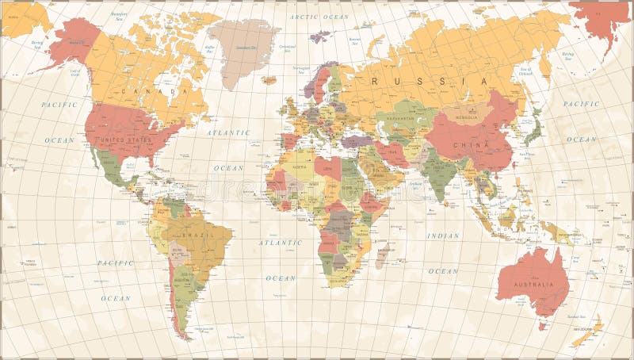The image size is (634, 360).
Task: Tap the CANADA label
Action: coord(162,91)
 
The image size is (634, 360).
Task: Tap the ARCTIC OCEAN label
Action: coord(319,16)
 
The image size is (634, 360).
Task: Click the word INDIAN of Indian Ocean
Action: coord(443,236)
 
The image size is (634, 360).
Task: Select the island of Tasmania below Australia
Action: coord(543,324)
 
